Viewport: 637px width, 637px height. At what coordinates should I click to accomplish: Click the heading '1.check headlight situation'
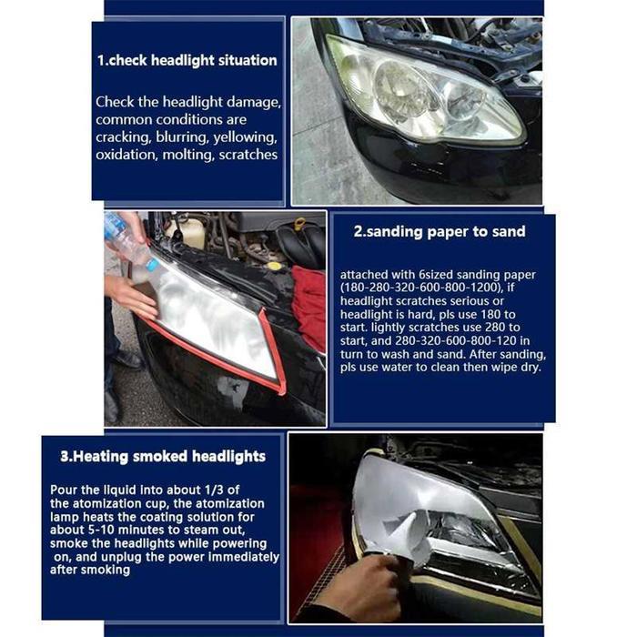tap(187, 60)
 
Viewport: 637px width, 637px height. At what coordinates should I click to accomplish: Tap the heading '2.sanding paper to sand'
tap(440, 231)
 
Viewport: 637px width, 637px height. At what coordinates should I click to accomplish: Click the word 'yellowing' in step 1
tap(244, 137)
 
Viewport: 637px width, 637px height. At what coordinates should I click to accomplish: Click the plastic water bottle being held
tap(126, 238)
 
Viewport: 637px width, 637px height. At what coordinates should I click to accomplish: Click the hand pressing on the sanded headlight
tap(128, 296)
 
